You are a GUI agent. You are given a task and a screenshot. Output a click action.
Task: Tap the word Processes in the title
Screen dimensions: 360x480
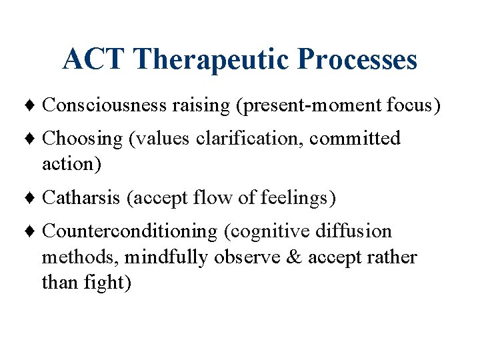(x=358, y=59)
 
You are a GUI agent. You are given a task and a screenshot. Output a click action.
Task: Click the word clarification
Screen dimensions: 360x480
(x=254, y=139)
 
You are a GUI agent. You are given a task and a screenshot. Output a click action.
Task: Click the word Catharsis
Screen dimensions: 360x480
(x=81, y=198)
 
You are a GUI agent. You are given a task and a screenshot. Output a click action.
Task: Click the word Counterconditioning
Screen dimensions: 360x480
(x=130, y=231)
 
